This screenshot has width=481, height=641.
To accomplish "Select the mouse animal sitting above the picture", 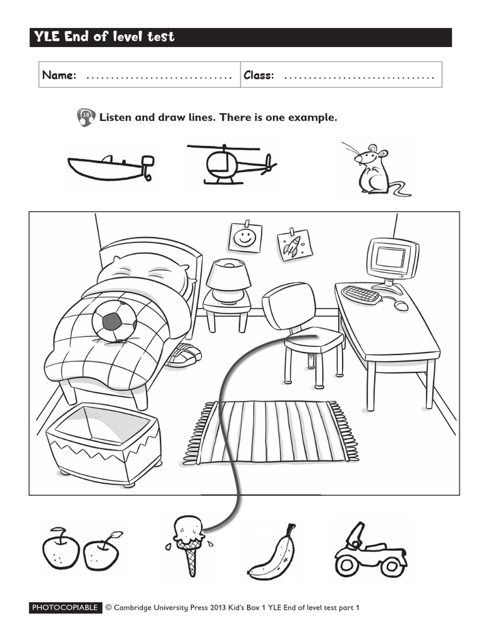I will [x=373, y=170].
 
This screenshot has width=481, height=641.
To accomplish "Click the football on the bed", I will [x=114, y=320].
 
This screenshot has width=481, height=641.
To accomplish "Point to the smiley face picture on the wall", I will [x=244, y=238].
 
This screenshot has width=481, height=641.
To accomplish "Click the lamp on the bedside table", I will [x=228, y=281].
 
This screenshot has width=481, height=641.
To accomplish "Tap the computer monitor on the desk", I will [x=392, y=259].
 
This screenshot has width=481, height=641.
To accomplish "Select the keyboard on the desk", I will [x=362, y=294].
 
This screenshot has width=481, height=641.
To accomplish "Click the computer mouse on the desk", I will [x=401, y=305].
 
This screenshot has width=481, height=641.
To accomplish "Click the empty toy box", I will [x=104, y=441].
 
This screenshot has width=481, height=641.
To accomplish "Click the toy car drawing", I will [x=370, y=551].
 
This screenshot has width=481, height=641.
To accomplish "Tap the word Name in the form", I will [x=59, y=76].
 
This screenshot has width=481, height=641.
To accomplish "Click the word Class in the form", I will [x=259, y=76].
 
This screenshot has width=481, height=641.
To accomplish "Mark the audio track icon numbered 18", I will [x=86, y=117].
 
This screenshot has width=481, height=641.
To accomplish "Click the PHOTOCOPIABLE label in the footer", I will [x=65, y=607].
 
